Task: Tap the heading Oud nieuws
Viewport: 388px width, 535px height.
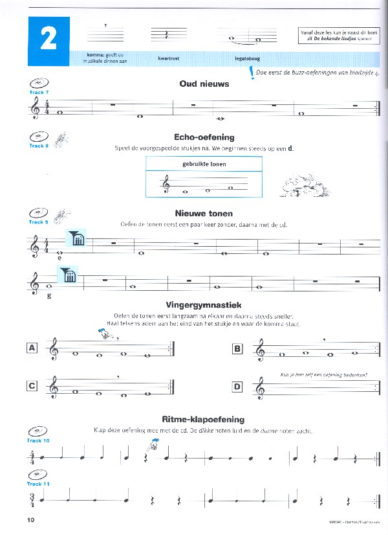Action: [204, 84]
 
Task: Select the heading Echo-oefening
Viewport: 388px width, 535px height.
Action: [204, 137]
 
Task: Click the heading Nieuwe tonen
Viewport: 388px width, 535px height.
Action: [204, 213]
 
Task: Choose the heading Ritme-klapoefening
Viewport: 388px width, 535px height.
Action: [204, 419]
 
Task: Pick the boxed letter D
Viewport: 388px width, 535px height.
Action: [237, 387]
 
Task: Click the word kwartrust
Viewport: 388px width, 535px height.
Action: [168, 58]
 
